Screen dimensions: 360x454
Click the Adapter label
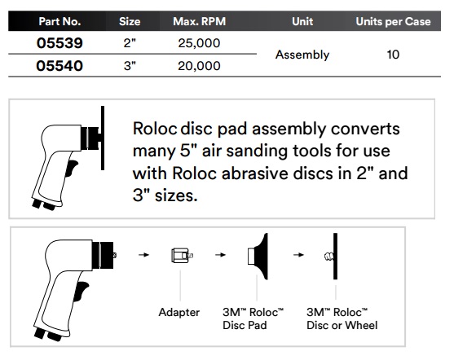178,312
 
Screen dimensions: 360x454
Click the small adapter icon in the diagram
179,256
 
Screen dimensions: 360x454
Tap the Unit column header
302,18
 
